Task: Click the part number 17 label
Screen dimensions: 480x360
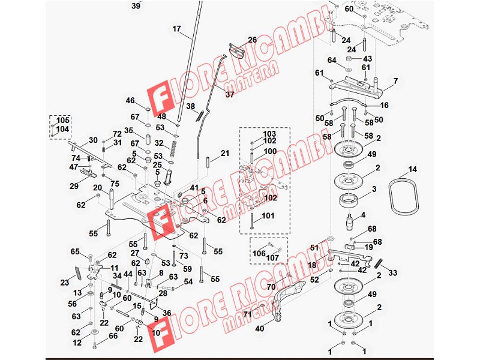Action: click(x=176, y=29)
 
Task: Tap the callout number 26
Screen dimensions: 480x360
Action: click(x=253, y=40)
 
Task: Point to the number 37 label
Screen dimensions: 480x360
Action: click(x=230, y=94)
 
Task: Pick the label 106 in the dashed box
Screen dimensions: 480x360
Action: click(x=259, y=253)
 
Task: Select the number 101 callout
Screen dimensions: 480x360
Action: click(x=268, y=216)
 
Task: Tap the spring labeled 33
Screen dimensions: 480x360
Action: click(x=379, y=263)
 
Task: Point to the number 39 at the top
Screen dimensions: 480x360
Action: click(x=136, y=5)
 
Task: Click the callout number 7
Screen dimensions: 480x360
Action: click(x=396, y=81)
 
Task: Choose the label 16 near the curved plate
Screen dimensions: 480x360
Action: click(x=384, y=105)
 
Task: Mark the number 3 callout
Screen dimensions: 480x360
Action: click(x=374, y=189)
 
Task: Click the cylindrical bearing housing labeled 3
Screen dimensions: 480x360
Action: click(x=349, y=200)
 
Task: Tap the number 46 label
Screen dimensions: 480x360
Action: click(x=130, y=100)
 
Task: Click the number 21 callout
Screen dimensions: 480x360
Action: click(x=225, y=153)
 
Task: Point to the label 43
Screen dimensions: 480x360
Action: click(x=367, y=58)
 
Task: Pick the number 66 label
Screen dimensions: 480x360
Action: click(x=113, y=336)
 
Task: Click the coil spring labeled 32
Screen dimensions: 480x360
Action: click(x=174, y=148)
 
